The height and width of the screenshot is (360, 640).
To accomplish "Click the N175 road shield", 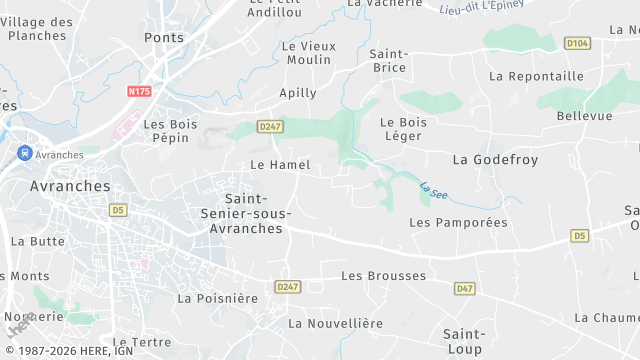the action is [x=139, y=92].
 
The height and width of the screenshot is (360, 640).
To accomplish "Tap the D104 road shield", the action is [x=576, y=43].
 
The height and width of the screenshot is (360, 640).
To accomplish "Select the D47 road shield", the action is [x=464, y=288].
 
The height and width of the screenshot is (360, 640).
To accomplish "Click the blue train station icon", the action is [x=24, y=154].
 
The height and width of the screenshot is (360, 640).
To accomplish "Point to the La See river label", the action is [x=432, y=188].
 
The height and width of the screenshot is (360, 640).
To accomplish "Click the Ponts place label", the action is [x=164, y=37].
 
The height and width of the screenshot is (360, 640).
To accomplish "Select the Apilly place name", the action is [x=298, y=93].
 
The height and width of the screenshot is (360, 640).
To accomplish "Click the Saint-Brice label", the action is [x=388, y=60].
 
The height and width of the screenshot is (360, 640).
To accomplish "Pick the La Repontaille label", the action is [x=536, y=76].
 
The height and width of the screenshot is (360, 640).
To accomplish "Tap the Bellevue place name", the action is [x=584, y=116].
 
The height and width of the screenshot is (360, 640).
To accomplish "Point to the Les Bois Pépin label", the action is [x=166, y=131].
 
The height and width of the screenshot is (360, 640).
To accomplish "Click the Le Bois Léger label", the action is [x=403, y=129].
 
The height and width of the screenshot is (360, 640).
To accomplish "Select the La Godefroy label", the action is [x=495, y=160].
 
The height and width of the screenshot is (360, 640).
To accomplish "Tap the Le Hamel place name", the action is [x=280, y=164].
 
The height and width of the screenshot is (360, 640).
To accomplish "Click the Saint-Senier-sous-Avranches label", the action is [x=257, y=213].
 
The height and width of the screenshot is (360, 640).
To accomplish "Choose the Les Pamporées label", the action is [x=458, y=222].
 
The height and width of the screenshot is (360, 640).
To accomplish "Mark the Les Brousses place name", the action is [x=383, y=276].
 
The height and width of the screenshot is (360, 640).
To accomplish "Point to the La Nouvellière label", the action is [x=335, y=323].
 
